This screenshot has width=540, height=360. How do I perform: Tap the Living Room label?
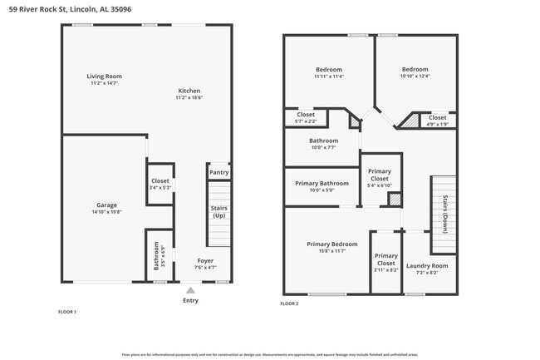tap(104, 76)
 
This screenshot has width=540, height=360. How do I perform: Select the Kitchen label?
tap(189, 91)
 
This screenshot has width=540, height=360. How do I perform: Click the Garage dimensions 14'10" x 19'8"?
tap(106, 212)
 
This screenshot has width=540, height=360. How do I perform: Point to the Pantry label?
tap(218, 173)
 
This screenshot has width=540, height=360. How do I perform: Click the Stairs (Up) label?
tap(218, 211)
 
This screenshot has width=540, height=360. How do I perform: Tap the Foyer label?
tap(205, 260)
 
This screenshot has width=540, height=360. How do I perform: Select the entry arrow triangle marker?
tap(190, 290)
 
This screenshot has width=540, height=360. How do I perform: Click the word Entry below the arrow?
tap(190, 301)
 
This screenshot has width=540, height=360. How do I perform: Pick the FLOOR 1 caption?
tap(67, 312)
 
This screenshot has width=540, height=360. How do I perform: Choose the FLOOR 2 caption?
tap(289, 304)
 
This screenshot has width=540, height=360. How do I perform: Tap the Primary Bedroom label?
tap(331, 244)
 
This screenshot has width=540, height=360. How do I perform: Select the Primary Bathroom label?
tap(322, 182)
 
